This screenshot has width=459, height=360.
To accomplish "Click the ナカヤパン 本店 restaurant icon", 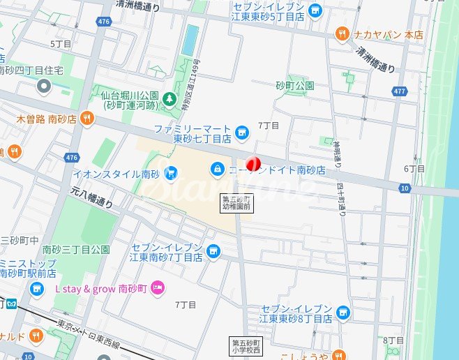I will click(x=341, y=32).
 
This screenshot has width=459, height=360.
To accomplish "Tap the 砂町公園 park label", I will click(x=294, y=85).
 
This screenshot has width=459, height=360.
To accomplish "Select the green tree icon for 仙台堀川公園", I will click(x=169, y=100).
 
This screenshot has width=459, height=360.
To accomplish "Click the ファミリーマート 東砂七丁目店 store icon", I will click(x=241, y=130).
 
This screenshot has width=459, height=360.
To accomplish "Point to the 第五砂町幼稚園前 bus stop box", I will click(x=236, y=202).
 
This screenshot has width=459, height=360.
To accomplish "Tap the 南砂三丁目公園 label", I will click(x=76, y=249).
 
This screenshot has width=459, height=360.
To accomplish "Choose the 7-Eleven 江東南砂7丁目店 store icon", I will click(x=213, y=250).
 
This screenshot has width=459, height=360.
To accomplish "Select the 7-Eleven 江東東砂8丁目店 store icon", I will click(x=342, y=312).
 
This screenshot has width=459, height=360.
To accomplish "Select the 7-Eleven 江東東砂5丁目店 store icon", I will click(x=315, y=10).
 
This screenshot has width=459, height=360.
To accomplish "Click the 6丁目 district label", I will click(x=414, y=169).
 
